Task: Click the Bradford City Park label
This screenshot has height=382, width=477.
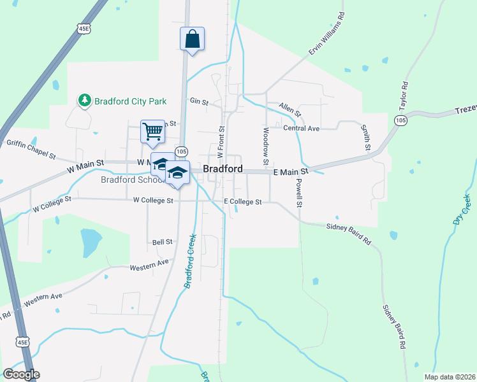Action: point(130,101)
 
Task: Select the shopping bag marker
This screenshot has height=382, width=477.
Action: point(192,39)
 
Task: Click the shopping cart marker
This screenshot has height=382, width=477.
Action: point(152,132)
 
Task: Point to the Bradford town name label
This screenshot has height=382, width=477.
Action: point(223,169)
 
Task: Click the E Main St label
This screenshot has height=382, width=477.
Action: point(291,172)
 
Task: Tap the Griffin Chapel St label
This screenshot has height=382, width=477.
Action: point(31,149)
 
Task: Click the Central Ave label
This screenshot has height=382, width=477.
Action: point(301,128)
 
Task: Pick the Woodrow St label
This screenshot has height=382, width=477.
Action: point(265,143)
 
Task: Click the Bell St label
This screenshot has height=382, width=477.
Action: point(163,242)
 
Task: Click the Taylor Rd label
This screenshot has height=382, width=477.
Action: point(403,96)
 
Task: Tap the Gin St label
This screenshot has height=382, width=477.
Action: point(199,101)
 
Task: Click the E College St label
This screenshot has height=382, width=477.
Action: point(242,201)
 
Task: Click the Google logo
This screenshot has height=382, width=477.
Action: point(22,374)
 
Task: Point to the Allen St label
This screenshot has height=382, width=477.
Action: point(290,110)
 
